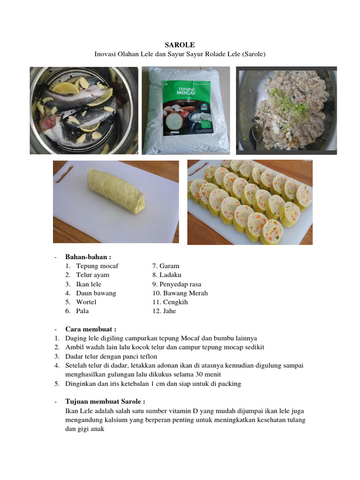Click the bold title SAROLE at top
pyautogui.click(x=180, y=44)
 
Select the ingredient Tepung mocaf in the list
pyautogui.click(x=97, y=266)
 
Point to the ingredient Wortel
pyautogui.click(x=86, y=302)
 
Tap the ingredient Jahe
pyautogui.click(x=169, y=311)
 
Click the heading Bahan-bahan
pyautogui.click(x=88, y=257)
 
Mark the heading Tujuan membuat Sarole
pyautogui.click(x=105, y=402)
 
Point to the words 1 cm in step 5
pyautogui.click(x=156, y=383)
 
